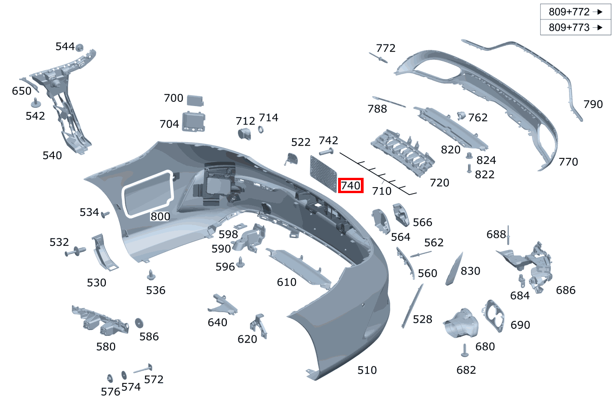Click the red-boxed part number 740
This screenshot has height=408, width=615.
click(x=351, y=186)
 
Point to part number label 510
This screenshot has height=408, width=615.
click(x=367, y=370)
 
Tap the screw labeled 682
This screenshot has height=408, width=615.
click(x=465, y=352)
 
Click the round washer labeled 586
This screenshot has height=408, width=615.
click(x=139, y=323)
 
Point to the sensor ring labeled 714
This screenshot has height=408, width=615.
click(x=261, y=130)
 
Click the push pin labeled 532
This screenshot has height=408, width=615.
click(x=75, y=252)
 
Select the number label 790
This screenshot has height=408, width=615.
click(x=593, y=104)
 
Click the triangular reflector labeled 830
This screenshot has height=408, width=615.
click(x=454, y=269)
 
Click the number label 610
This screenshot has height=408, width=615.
click(x=286, y=282)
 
